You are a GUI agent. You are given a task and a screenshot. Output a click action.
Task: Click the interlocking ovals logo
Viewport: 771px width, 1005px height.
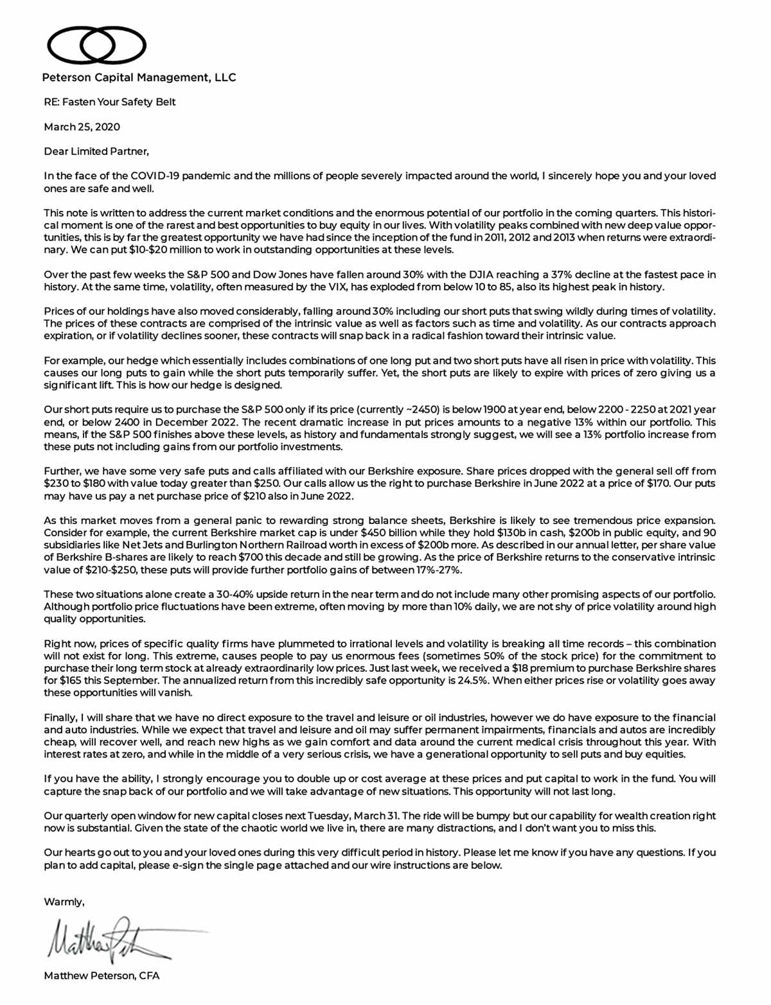point(96,44)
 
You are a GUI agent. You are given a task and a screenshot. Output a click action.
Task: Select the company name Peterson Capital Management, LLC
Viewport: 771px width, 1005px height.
point(139,78)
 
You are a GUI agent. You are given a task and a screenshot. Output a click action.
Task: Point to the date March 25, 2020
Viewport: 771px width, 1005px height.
point(82,127)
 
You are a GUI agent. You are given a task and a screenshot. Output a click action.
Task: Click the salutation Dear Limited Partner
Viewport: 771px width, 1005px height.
point(96,152)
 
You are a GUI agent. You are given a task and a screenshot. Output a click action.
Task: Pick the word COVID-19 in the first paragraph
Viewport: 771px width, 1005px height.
point(155,176)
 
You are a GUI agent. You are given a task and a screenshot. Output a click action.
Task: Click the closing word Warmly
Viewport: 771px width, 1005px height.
point(64,902)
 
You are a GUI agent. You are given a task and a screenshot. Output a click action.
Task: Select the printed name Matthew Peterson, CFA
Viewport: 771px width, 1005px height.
point(102,976)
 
